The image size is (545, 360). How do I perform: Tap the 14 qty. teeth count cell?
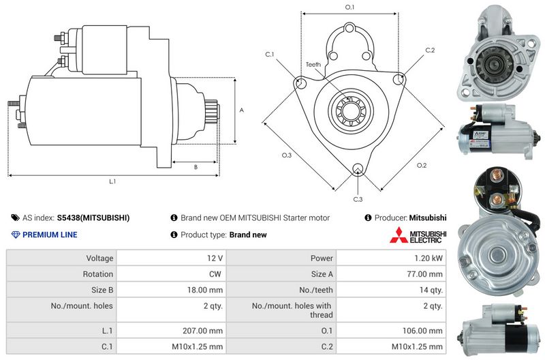pos(431,290)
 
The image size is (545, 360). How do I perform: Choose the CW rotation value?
pos(217,274)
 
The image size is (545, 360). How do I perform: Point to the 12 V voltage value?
pos(215,258)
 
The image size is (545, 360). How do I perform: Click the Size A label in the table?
pos(322,274)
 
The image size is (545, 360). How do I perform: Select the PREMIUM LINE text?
pos(50,235)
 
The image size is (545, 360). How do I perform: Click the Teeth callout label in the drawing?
pos(313,64)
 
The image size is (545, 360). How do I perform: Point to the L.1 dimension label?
pos(113,181)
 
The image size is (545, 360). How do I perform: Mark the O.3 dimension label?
pos(287,155)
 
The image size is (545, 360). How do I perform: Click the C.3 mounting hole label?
pos(358,198)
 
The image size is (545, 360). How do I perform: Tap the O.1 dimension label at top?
pos(349,7)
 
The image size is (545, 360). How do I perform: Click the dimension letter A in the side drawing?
pos(241,110)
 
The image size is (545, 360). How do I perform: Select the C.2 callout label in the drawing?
pos(430,50)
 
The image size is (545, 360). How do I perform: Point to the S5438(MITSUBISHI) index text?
pos(93,218)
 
